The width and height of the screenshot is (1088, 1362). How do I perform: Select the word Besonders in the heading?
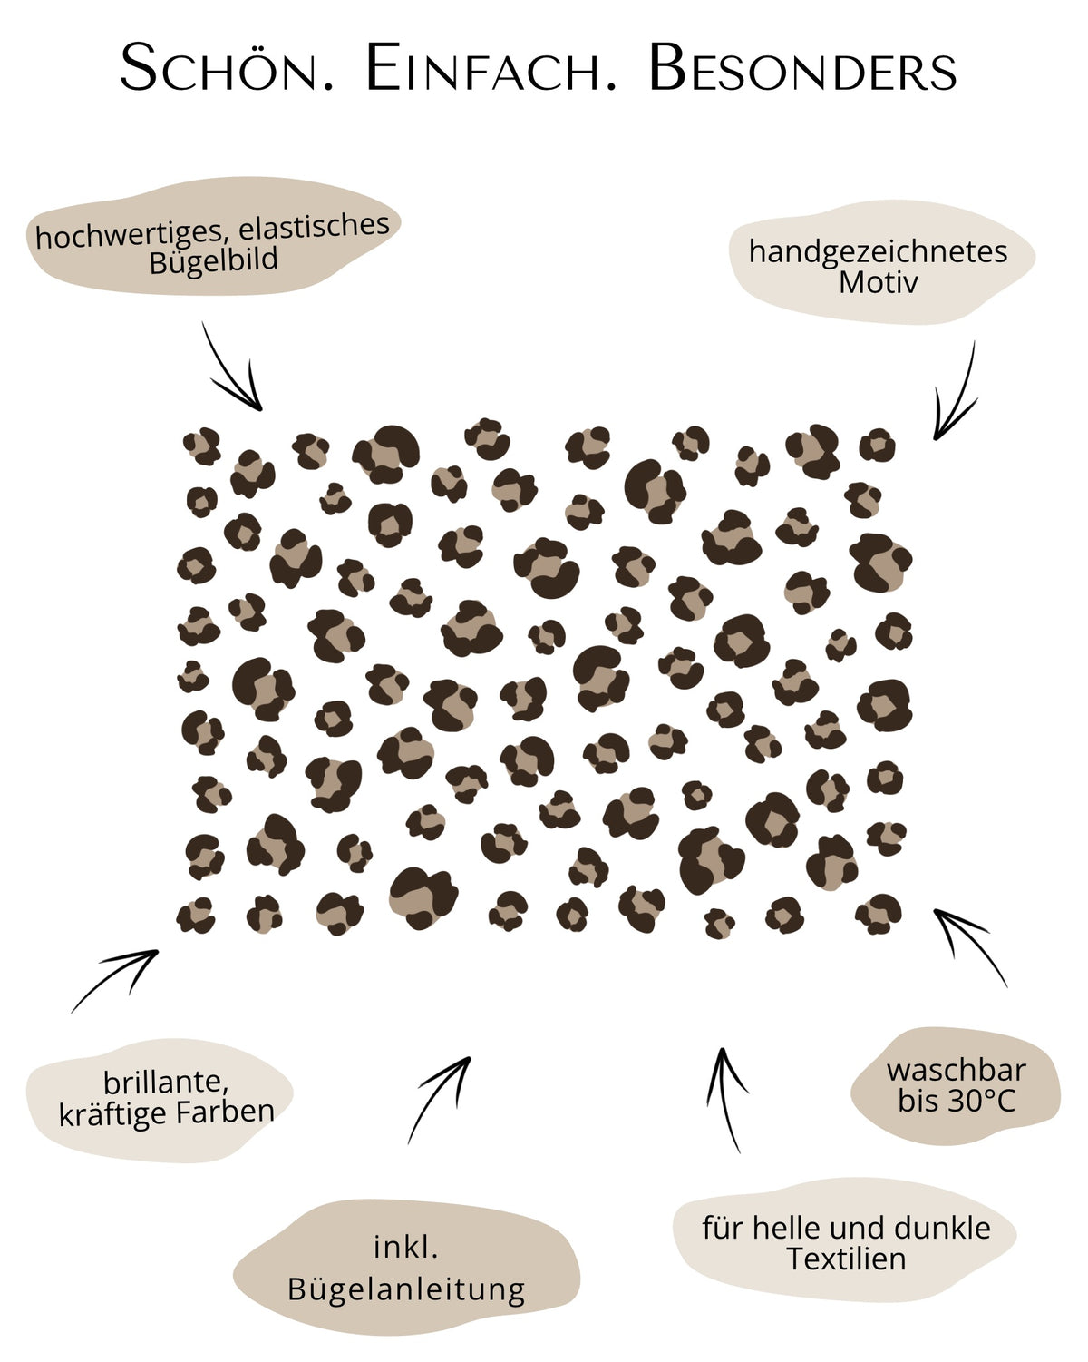802,68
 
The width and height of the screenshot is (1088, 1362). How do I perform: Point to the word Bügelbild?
214,260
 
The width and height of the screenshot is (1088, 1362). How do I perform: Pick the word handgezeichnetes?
878,252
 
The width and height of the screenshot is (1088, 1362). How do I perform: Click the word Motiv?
878,282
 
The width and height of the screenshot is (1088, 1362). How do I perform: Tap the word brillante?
166,1083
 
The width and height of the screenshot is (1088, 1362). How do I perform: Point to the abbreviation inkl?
406,1248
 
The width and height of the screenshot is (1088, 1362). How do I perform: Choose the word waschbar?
956,1071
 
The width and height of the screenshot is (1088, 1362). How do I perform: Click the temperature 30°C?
981,1102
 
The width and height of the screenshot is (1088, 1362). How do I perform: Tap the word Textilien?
846,1259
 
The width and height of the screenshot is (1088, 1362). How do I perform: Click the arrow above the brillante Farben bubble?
114,978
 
